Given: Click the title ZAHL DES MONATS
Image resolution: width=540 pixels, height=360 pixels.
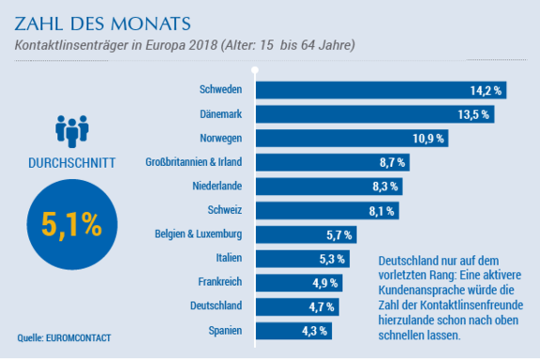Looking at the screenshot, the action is (x=102, y=23).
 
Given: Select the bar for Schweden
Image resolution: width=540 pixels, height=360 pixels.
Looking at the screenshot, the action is (x=381, y=90).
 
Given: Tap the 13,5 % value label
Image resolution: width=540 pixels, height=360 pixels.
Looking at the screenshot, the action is (x=473, y=114).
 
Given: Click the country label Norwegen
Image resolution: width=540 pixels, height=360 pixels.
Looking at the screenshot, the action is (x=220, y=138).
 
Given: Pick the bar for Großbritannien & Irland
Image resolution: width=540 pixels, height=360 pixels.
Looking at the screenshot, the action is (x=332, y=162).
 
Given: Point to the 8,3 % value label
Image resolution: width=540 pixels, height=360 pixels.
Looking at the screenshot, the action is (x=385, y=187).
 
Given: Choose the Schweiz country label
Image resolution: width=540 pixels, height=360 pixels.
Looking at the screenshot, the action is (x=225, y=210).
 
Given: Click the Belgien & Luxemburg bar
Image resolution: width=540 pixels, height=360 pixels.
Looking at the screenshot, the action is (x=307, y=234).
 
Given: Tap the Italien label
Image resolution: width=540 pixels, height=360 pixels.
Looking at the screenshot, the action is (x=229, y=258).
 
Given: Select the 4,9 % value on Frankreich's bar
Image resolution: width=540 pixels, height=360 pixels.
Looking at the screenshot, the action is (x=324, y=283).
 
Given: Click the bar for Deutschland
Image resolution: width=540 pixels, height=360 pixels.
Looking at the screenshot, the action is (x=297, y=307).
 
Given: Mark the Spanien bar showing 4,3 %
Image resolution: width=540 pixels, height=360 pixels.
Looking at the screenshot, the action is (x=293, y=331).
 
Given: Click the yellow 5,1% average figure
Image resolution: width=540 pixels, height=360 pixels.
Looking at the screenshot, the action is (x=71, y=225).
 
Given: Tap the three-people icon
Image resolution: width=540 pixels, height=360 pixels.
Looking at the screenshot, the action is (x=72, y=131).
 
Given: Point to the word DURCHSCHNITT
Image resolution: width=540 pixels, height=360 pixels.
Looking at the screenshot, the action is (x=71, y=163).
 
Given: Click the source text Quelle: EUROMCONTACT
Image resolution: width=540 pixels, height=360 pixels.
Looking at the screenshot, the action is (x=64, y=337).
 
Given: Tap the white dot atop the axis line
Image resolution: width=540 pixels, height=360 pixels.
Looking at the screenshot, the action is (x=255, y=70).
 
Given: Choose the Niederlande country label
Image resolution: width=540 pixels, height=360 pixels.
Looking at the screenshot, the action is (x=217, y=186).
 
